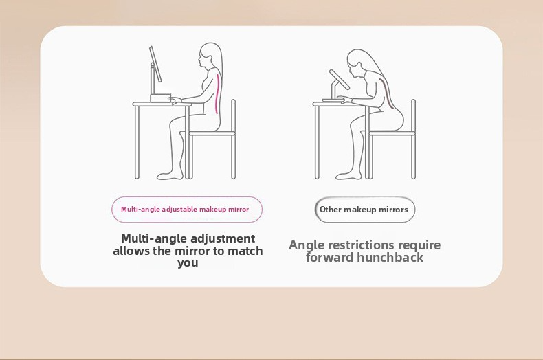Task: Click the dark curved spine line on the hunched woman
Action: [388, 93]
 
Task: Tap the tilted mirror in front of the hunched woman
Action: [340, 80]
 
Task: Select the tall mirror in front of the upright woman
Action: [155, 65]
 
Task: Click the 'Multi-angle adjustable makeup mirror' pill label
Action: [187, 210]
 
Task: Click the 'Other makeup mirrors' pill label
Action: [365, 210]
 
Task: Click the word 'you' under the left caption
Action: [188, 262]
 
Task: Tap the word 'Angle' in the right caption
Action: [307, 245]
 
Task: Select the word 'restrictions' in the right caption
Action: [361, 245]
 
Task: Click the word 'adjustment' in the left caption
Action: [223, 238]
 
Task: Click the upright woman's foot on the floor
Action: [170, 175]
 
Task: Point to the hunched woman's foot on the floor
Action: [348, 175]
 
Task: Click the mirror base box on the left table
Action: [161, 98]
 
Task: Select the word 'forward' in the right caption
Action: [330, 258]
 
